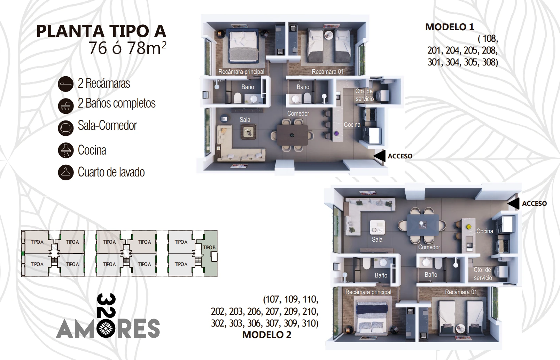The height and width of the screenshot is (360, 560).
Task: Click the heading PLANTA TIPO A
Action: click(x=101, y=31)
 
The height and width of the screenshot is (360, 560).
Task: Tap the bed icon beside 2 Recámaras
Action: click(x=66, y=84)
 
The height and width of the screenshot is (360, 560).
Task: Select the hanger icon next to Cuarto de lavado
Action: click(x=66, y=172)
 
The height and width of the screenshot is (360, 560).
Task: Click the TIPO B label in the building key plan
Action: click(x=209, y=248)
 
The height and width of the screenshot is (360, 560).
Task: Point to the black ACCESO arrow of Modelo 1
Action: click(x=380, y=156)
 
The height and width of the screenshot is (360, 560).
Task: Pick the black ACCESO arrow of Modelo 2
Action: click(x=513, y=203)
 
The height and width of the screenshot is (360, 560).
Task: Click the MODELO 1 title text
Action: click(x=450, y=27)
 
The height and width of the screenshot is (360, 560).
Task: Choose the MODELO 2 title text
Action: click(x=267, y=335)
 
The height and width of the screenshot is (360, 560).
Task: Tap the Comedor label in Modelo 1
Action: click(x=298, y=114)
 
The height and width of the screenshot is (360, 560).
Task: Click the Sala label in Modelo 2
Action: click(x=377, y=240)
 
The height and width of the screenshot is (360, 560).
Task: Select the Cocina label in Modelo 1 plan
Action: click(x=352, y=125)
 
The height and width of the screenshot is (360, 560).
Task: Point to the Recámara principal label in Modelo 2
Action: click(x=368, y=292)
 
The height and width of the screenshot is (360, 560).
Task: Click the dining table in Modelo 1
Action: click(x=292, y=135)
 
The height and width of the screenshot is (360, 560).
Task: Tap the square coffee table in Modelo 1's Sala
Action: click(x=248, y=132)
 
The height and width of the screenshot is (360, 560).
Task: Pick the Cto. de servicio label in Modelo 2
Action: click(x=482, y=274)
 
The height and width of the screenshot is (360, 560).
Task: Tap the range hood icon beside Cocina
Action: click(x=66, y=150)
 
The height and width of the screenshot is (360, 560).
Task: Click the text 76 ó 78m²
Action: click(x=127, y=48)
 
